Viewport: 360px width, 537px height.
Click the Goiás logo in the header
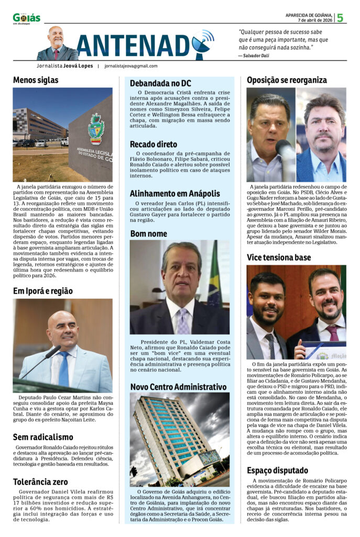pos(26,18)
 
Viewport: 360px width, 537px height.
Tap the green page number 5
pos(340,18)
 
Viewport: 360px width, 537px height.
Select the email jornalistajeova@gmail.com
pos(130,66)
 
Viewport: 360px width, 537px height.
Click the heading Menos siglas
pos(36,80)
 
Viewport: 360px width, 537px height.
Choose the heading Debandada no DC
pos(160,83)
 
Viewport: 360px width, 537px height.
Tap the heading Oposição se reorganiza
pos(287,80)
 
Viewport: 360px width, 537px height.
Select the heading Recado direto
pos(154,144)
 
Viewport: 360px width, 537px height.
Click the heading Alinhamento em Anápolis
pos(174,193)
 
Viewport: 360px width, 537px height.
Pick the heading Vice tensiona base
pos(279,257)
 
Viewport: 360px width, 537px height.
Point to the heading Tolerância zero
pos(41,481)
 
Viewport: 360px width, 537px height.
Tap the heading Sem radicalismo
pos(43,437)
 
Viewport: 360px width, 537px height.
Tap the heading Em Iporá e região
pos(43,291)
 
